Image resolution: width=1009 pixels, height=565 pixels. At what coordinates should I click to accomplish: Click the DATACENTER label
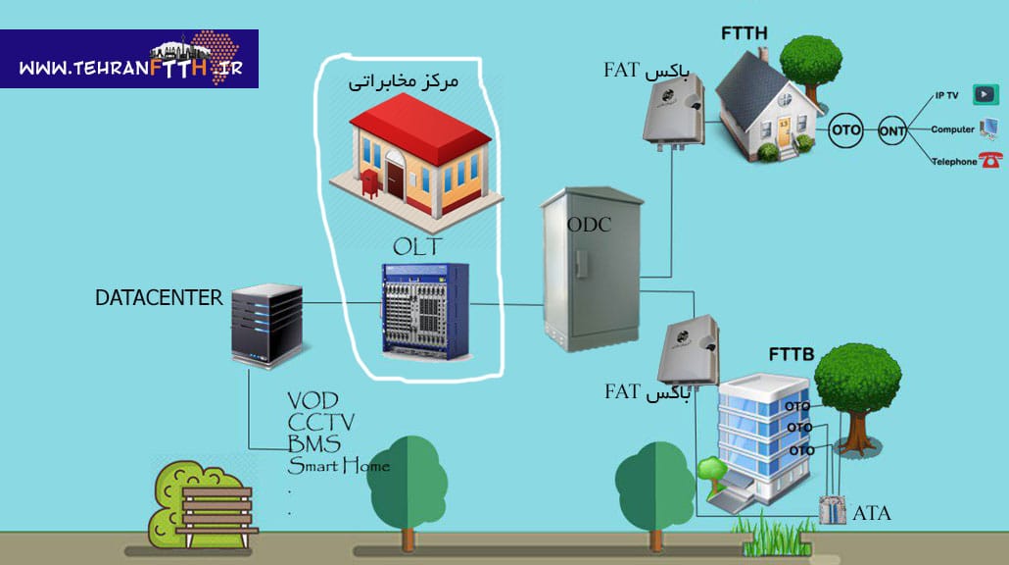pyautogui.click(x=159, y=298)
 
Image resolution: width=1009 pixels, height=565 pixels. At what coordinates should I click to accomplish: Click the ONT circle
pyautogui.click(x=891, y=130)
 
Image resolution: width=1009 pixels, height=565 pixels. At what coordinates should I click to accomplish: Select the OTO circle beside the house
pyautogui.click(x=845, y=130)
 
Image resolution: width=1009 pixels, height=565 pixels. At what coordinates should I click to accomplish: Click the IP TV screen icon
pyautogui.click(x=985, y=95)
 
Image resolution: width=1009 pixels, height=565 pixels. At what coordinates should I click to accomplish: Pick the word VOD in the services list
pyautogui.click(x=312, y=400)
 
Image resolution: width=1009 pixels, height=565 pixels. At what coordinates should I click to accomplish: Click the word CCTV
pyautogui.click(x=321, y=422)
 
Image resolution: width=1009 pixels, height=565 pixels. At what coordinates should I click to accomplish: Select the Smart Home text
pyautogui.click(x=338, y=465)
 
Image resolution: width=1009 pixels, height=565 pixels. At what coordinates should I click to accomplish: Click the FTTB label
pyautogui.click(x=792, y=353)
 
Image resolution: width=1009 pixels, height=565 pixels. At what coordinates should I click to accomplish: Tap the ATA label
pyautogui.click(x=872, y=512)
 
